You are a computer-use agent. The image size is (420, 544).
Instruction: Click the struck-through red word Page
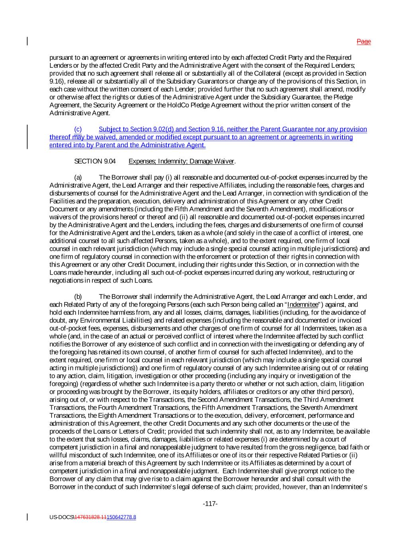coord(363,41)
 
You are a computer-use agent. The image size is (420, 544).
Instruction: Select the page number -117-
coord(210,504)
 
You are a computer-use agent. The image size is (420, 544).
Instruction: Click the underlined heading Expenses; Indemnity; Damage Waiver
coord(182,161)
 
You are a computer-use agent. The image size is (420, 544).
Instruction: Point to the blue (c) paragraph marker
coord(78,129)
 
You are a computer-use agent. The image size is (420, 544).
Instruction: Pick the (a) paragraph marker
coord(78,177)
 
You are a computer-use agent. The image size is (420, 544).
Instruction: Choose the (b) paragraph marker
coord(78,297)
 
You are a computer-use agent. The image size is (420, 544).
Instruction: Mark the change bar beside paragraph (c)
coord(27,137)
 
